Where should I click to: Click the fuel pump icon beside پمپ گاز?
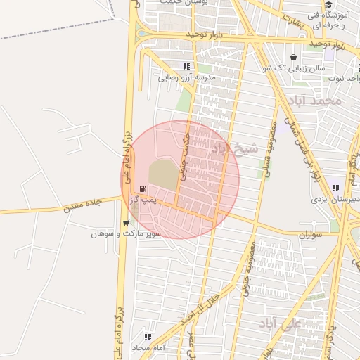pos(143,188)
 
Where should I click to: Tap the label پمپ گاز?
pos(143,200)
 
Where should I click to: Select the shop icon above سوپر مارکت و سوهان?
pos(126,222)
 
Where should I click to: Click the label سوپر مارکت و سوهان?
pos(126,233)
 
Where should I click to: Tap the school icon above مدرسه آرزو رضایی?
pos(186,66)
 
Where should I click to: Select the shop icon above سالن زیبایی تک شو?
pos(292,57)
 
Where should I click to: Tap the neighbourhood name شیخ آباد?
pos(235,148)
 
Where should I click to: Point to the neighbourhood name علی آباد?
pos(279,323)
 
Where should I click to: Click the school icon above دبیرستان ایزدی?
pos(335,187)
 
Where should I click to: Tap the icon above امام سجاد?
pos(148,337)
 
